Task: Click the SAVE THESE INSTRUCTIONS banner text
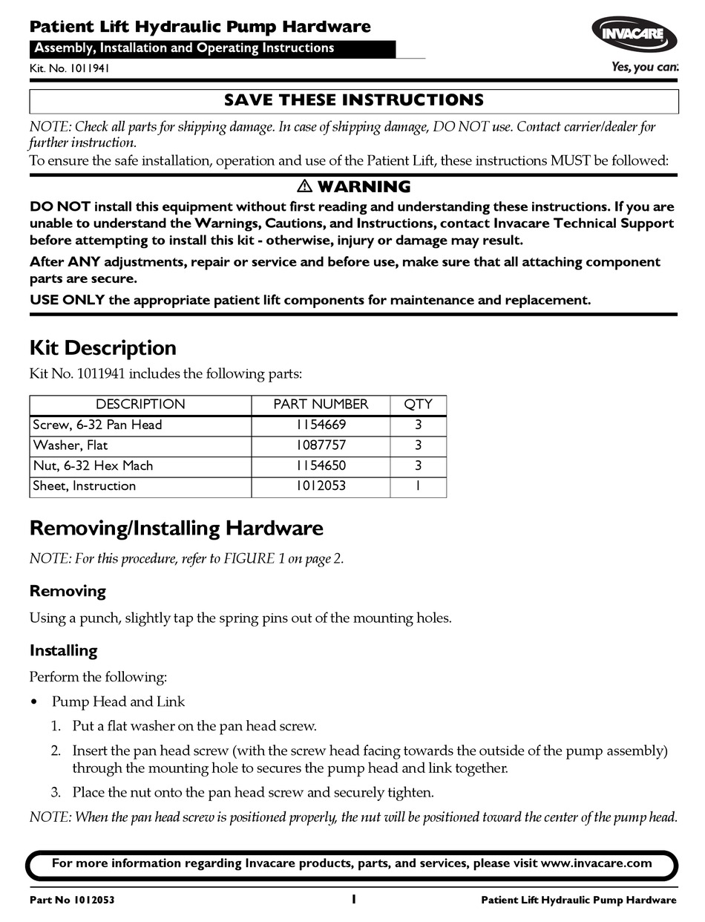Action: (354, 100)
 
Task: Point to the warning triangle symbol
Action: (305, 186)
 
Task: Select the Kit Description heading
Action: (102, 348)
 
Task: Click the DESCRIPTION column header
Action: (140, 405)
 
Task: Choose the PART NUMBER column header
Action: (321, 405)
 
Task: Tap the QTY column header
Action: (418, 405)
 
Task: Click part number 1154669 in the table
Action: (321, 425)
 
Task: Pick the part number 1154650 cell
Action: (321, 466)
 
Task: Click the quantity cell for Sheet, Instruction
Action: (418, 486)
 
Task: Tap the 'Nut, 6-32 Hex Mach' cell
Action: (93, 466)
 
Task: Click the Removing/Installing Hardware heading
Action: (177, 529)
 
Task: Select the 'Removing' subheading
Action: (68, 592)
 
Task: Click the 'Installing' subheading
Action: (63, 651)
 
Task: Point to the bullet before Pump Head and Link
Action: (34, 702)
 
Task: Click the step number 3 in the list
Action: (56, 793)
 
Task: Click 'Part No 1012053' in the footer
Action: (72, 900)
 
